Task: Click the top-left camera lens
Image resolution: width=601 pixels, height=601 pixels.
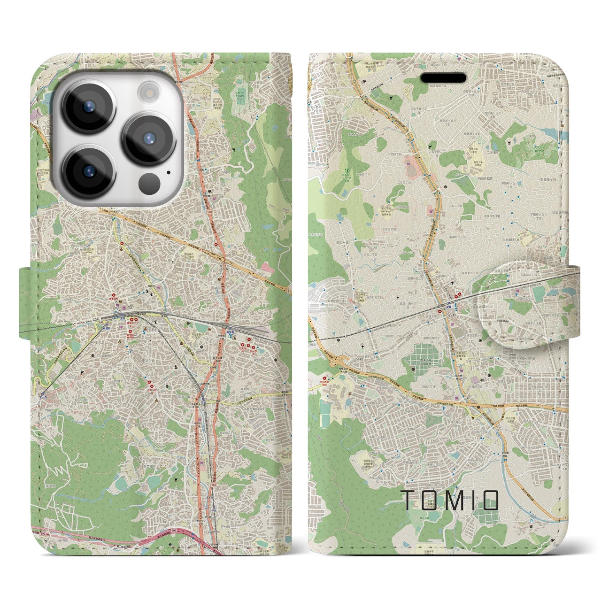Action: point(89,106)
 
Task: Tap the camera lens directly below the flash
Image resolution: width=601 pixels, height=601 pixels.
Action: point(149,139)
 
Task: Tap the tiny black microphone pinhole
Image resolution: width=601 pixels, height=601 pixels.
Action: point(168,172)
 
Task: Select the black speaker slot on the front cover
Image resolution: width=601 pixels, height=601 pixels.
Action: point(443,77)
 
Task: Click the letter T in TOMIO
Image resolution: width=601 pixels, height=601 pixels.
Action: point(408,500)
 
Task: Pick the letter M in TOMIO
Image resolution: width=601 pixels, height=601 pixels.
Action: point(451,500)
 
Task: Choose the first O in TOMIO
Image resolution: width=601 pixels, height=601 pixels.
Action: point(429,500)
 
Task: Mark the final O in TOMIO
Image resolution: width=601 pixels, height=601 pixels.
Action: point(491,500)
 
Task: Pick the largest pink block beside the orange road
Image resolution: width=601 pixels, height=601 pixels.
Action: point(414,167)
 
